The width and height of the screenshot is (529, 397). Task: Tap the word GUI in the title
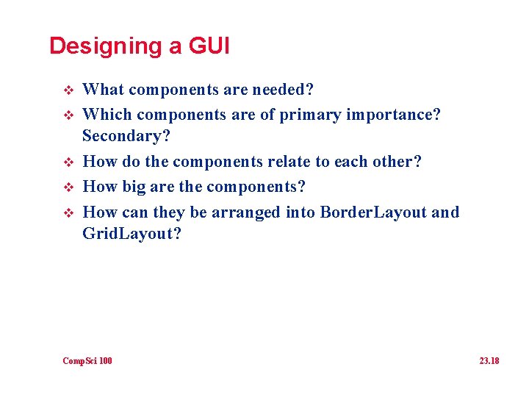[x=209, y=46]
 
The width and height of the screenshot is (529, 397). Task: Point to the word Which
[x=107, y=115]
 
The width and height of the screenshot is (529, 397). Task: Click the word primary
[x=307, y=115]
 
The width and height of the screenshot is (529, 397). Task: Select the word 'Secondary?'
[x=126, y=136]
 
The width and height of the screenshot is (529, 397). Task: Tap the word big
[x=134, y=187]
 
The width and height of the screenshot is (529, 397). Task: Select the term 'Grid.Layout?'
[x=131, y=234]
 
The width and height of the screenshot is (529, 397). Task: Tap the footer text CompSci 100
[x=87, y=361]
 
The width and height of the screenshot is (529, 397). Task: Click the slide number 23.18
[x=489, y=361]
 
